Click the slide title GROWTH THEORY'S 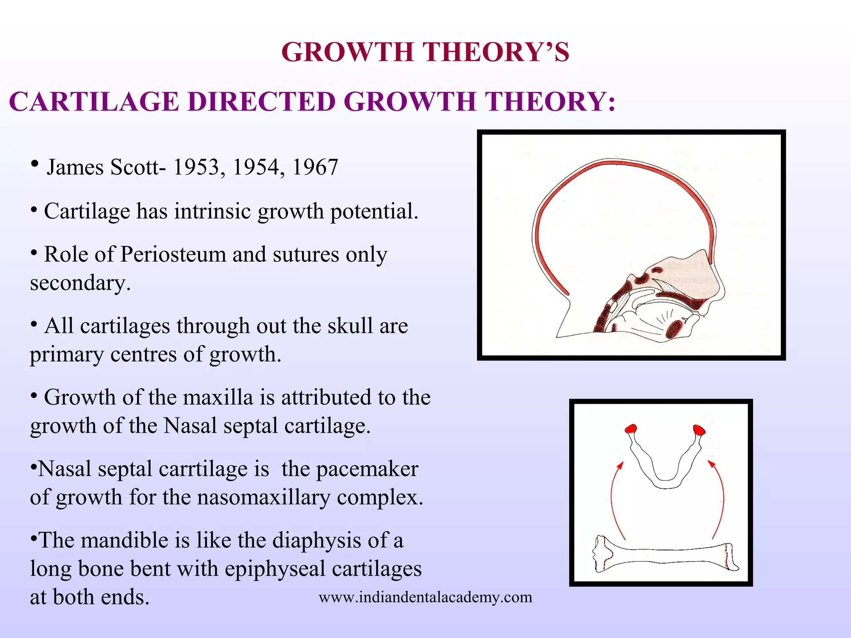pyautogui.click(x=425, y=52)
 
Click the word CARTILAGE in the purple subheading pyautogui.click(x=94, y=102)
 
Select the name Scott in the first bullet pyautogui.click(x=135, y=167)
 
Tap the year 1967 pyautogui.click(x=315, y=167)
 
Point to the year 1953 pyautogui.click(x=196, y=167)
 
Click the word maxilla pyautogui.click(x=218, y=398)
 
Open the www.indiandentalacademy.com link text pyautogui.click(x=425, y=597)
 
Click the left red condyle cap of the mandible pyautogui.click(x=631, y=429)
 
